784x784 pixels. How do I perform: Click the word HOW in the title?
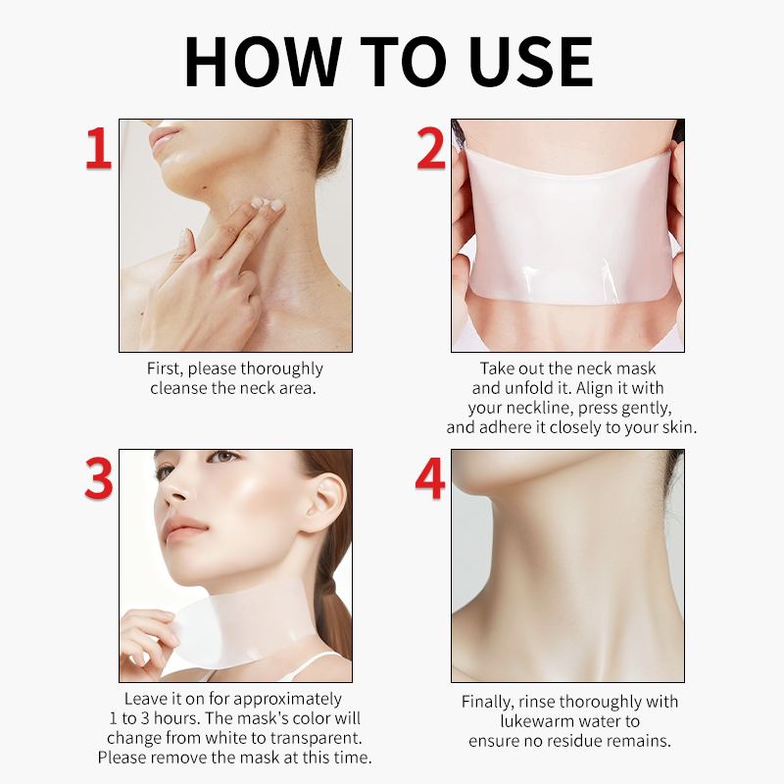coord(263,62)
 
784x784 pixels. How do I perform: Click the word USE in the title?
coord(531,62)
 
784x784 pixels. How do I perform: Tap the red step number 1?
coord(99,148)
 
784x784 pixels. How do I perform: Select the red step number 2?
coord(431,148)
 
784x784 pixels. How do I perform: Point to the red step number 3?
coord(99,478)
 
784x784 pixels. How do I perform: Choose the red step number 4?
coord(430,478)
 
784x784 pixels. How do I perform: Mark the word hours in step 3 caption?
coord(175,718)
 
